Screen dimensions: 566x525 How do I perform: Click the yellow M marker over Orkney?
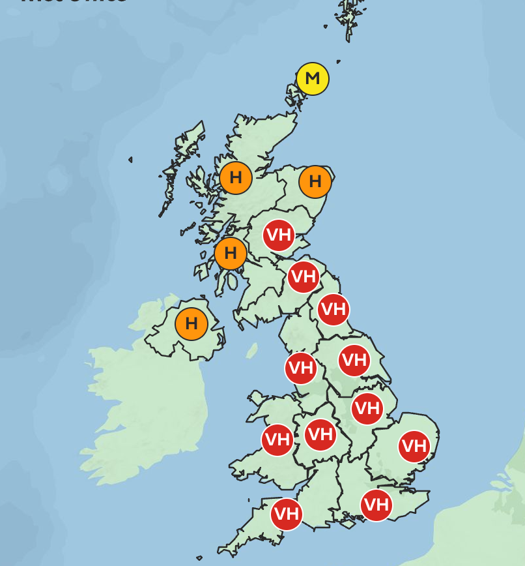tap(313, 79)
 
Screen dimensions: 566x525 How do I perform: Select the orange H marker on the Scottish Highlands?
tap(236, 177)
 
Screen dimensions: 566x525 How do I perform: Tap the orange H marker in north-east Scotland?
tap(315, 181)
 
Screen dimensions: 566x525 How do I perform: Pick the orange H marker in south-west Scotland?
tap(231, 254)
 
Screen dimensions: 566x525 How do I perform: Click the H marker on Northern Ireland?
tap(192, 323)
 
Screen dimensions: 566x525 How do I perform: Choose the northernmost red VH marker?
tap(279, 235)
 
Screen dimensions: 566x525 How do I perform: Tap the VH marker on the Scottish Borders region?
tap(304, 277)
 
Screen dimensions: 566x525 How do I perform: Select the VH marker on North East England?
tap(333, 309)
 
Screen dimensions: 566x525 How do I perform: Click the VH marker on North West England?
tap(301, 368)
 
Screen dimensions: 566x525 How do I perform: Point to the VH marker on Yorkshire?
tap(354, 360)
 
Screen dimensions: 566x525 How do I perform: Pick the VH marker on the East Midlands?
tap(367, 409)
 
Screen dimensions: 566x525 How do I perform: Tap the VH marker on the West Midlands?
tap(320, 434)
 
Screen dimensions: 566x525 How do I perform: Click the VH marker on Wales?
tap(277, 439)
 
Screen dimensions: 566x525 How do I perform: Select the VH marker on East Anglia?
tap(414, 447)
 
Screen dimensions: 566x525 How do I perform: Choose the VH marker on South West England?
tap(287, 514)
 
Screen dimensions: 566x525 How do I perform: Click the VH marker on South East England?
tap(376, 505)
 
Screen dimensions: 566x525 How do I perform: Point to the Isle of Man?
tap(252, 351)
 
